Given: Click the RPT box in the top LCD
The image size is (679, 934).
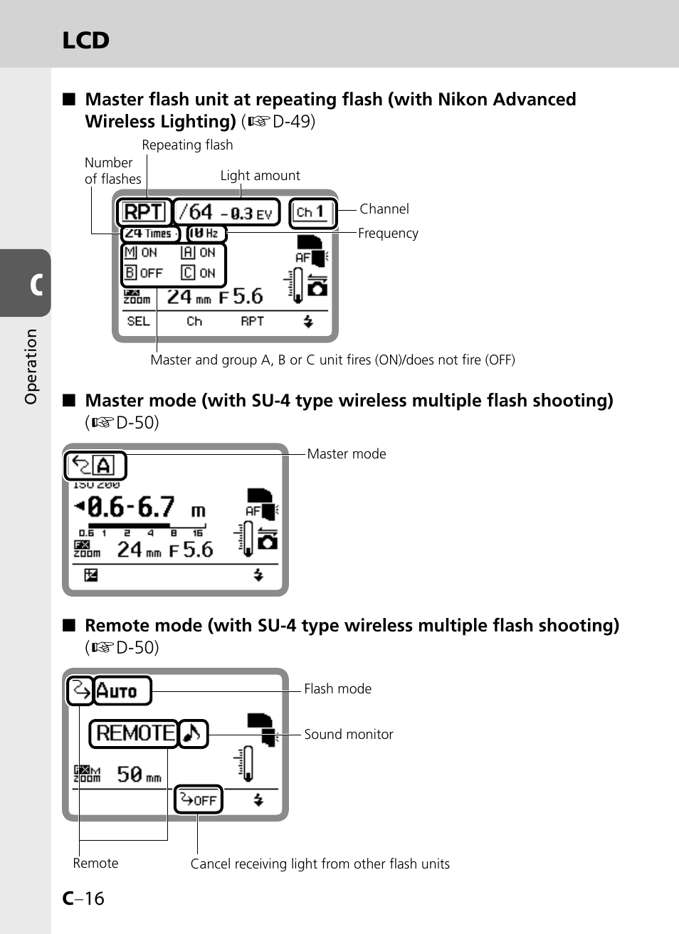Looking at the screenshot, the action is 144,212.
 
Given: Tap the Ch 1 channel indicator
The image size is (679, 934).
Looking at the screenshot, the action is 311,211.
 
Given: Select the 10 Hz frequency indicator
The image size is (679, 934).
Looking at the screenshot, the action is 205,233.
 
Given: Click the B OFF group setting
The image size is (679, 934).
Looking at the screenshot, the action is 144,273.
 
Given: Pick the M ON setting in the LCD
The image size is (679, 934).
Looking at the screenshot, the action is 141,253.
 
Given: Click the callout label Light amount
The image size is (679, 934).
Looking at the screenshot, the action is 260,176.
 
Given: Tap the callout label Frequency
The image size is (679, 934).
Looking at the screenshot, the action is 388,233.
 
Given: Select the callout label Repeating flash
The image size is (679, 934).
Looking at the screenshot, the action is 187,145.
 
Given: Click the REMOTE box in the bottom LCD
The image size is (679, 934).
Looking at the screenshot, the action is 134,733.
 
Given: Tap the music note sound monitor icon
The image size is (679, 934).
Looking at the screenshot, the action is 192,733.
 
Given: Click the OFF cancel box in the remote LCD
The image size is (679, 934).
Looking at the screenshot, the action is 199,799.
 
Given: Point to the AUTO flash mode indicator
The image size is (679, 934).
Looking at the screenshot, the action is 122,691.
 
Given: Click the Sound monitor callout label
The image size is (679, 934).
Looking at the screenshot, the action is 348,735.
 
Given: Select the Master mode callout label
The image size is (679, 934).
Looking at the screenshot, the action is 346,454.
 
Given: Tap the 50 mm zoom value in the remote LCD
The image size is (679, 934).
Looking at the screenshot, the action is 138,775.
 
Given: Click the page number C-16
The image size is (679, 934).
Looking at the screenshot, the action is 83,898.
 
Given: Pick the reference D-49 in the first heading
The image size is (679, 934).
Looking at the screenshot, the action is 293,122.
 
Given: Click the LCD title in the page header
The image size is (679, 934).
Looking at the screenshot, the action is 85,41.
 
